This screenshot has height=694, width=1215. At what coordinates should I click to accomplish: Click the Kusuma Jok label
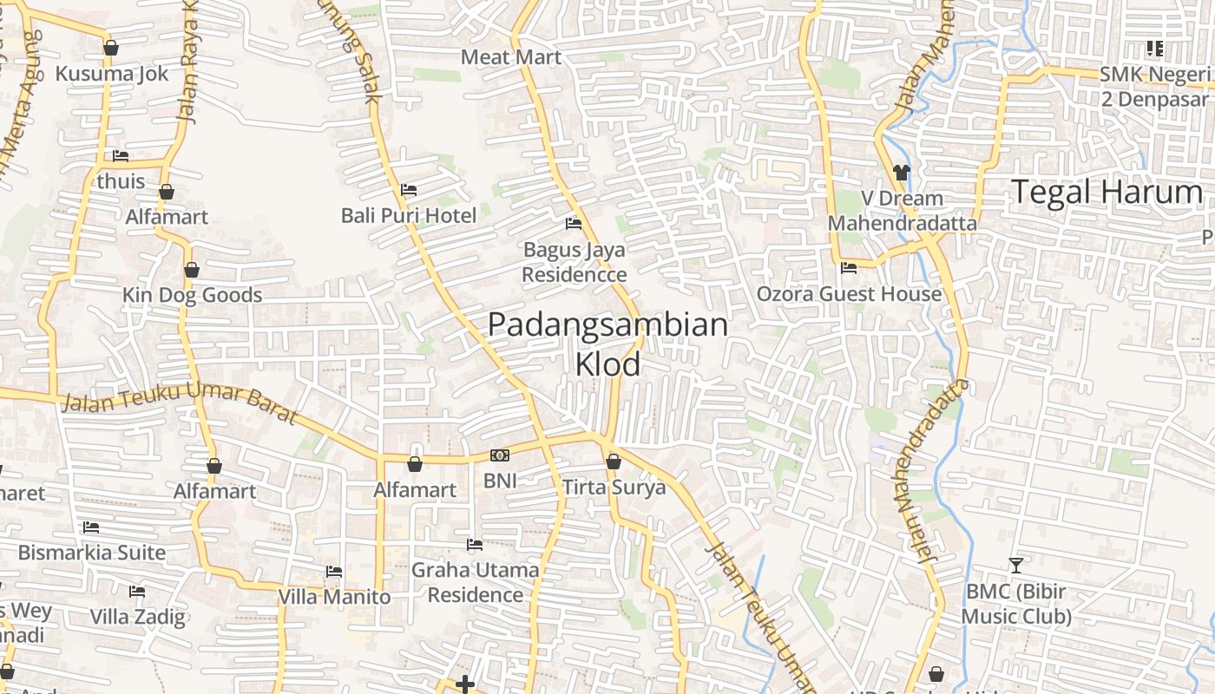coord(111,74)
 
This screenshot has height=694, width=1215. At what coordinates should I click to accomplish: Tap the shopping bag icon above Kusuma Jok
coord(110,48)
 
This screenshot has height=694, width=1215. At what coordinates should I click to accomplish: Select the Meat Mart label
coord(511,57)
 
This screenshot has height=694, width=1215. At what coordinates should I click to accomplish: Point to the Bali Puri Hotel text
coord(408,215)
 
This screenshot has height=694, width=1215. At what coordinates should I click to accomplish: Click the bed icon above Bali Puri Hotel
coord(408,189)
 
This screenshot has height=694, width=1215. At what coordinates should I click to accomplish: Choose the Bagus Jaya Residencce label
coord(575,262)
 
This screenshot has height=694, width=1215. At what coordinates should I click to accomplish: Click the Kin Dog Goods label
coord(192,295)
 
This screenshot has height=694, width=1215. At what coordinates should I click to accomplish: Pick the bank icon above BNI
coord(499,455)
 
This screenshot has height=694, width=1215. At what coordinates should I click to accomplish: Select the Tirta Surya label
coord(614,488)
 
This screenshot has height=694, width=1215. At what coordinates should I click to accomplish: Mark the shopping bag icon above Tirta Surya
coord(614,462)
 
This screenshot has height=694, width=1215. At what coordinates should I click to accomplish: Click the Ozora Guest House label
coord(848,294)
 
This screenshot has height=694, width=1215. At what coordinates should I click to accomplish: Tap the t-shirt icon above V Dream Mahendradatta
coord(901,173)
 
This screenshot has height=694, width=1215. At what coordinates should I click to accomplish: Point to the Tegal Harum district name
coord(1107,192)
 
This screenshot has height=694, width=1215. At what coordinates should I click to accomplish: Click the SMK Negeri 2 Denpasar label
coord(1154,86)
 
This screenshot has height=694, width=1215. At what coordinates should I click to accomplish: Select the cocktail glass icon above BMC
coord(1015,566)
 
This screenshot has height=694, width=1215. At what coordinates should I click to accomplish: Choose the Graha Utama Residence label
coord(475,582)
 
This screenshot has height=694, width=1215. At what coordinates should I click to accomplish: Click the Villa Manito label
coord(334,597)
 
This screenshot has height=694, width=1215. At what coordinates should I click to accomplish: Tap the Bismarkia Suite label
coord(91,553)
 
